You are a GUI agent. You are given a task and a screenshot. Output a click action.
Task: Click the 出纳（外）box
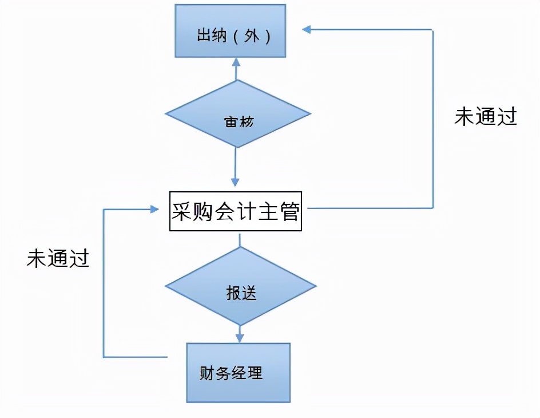[x=230, y=31]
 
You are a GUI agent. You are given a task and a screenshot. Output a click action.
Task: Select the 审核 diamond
[x=237, y=114]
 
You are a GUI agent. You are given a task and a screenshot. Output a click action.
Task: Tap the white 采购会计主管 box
[x=235, y=211]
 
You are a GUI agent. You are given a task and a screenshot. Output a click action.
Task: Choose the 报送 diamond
[x=240, y=286]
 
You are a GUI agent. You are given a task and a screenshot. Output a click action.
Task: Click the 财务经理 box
[x=238, y=373]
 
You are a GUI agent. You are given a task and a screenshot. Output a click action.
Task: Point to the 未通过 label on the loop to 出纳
[x=486, y=116]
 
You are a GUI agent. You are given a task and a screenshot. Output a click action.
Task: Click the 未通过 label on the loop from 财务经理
[x=58, y=258]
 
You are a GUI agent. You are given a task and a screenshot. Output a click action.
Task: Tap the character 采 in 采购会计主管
[x=182, y=212]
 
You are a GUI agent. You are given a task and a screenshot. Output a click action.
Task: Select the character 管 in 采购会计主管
[x=289, y=212]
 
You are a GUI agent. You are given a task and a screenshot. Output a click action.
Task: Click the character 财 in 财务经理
[x=207, y=373]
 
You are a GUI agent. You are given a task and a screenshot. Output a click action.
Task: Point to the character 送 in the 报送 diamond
[x=249, y=293]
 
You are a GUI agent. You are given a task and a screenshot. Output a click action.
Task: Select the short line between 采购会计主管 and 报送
[x=239, y=240]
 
